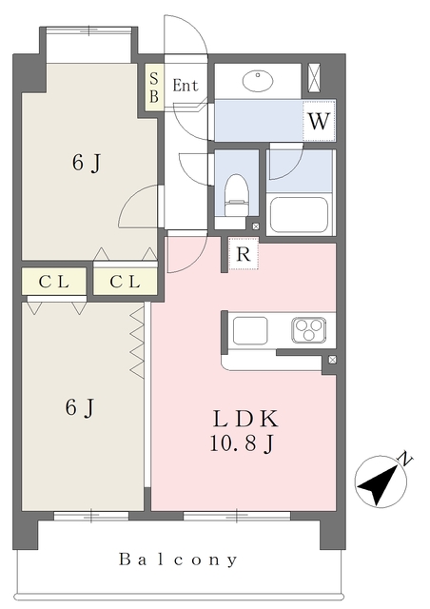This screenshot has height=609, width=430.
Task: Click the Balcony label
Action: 178,560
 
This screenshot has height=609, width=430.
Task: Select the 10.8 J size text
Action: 244,442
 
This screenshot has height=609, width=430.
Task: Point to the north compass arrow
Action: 379,481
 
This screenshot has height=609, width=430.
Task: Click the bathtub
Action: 298,214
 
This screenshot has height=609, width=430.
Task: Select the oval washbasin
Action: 262,80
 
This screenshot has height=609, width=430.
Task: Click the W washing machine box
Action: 319,121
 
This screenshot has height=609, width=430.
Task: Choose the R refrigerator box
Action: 244,255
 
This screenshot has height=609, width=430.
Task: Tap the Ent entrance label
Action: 186,86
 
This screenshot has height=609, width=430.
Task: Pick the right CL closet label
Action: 124,282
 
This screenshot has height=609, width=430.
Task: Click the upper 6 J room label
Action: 86,165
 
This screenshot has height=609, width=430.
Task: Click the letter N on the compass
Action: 405,460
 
